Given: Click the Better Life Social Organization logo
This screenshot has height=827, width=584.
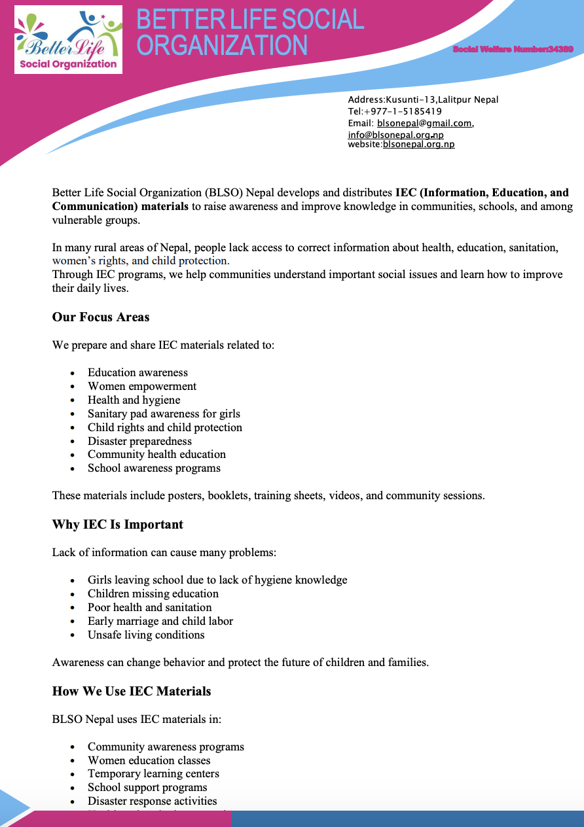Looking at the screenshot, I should [69, 39].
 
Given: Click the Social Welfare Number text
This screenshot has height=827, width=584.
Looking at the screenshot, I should [513, 50].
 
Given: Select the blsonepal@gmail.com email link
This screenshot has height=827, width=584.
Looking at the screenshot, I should [424, 123].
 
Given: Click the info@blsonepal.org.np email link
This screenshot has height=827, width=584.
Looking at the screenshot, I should [395, 135].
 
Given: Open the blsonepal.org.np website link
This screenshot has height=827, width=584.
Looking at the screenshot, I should [418, 144].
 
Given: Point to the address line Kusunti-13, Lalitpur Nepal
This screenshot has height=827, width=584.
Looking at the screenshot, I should [423, 100].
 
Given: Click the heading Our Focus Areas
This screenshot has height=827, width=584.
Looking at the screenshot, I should [101, 317].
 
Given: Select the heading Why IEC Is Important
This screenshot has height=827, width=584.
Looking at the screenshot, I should [118, 525].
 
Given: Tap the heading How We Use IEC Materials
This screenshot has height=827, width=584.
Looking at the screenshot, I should [132, 692].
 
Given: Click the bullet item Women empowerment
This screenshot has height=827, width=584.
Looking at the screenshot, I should [142, 387].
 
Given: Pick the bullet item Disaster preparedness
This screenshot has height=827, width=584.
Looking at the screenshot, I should [140, 441].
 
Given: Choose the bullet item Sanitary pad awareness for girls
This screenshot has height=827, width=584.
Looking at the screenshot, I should [164, 413].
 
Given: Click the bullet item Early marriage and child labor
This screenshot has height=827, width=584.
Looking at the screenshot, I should [160, 621].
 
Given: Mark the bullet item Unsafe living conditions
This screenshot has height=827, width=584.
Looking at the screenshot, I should [146, 635].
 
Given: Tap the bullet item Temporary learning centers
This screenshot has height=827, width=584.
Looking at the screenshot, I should [153, 774].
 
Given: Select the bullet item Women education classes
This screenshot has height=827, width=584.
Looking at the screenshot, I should [149, 760].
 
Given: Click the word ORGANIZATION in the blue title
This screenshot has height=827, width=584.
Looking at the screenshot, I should [223, 46].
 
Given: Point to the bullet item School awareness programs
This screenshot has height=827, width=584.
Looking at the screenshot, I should [154, 468].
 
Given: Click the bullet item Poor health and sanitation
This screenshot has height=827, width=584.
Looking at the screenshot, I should [150, 607].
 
